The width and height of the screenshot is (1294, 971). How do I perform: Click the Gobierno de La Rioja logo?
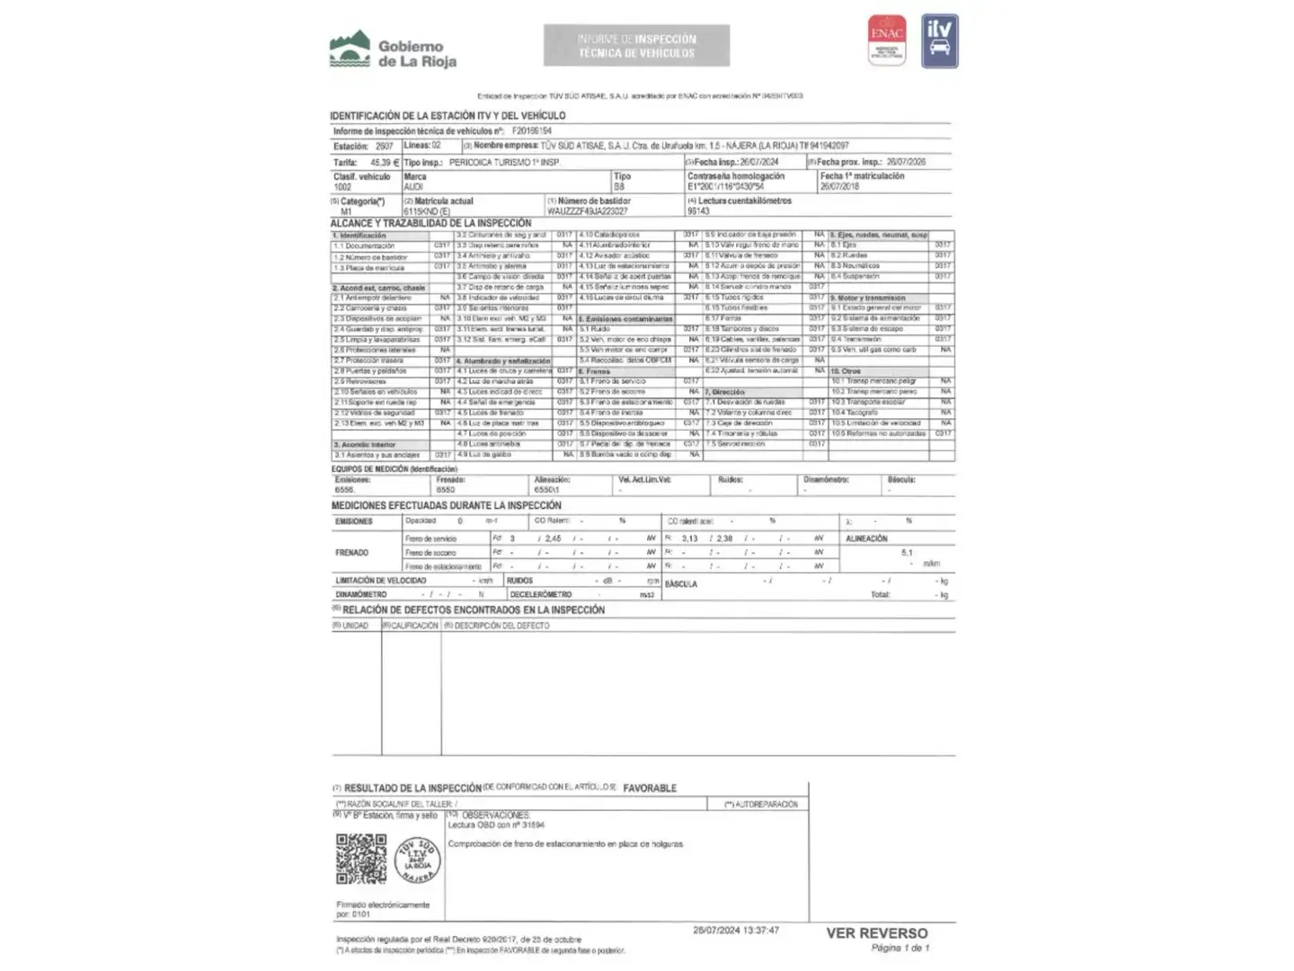point(393,51)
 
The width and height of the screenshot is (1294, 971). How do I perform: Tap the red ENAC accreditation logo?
point(887,40)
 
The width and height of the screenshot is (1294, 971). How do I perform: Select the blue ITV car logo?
point(940,40)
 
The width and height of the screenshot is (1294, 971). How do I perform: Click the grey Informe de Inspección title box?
point(636,45)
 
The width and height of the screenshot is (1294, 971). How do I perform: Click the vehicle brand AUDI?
point(414,187)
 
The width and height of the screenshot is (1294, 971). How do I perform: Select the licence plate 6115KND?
point(426,212)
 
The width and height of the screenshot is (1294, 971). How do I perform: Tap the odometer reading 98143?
point(698,211)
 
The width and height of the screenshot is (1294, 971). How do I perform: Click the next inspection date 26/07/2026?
point(906,162)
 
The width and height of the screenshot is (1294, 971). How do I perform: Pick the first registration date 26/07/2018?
point(838,187)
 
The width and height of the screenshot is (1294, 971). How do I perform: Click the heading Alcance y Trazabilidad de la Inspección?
point(430,223)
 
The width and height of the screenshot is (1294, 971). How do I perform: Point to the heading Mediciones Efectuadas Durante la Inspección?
point(446,505)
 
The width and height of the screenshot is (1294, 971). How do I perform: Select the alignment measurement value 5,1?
point(907,553)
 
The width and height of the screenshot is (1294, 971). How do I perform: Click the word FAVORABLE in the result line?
point(650,788)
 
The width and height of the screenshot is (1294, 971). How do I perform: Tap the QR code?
point(361,859)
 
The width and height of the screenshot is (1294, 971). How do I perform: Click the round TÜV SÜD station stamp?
point(417,860)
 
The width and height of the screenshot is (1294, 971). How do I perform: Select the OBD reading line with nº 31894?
point(496,824)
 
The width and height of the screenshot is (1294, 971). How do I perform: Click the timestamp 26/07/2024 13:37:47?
point(736,931)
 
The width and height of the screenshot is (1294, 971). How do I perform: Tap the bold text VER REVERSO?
point(877,933)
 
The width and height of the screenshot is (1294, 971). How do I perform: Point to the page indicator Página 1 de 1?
point(900,948)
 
